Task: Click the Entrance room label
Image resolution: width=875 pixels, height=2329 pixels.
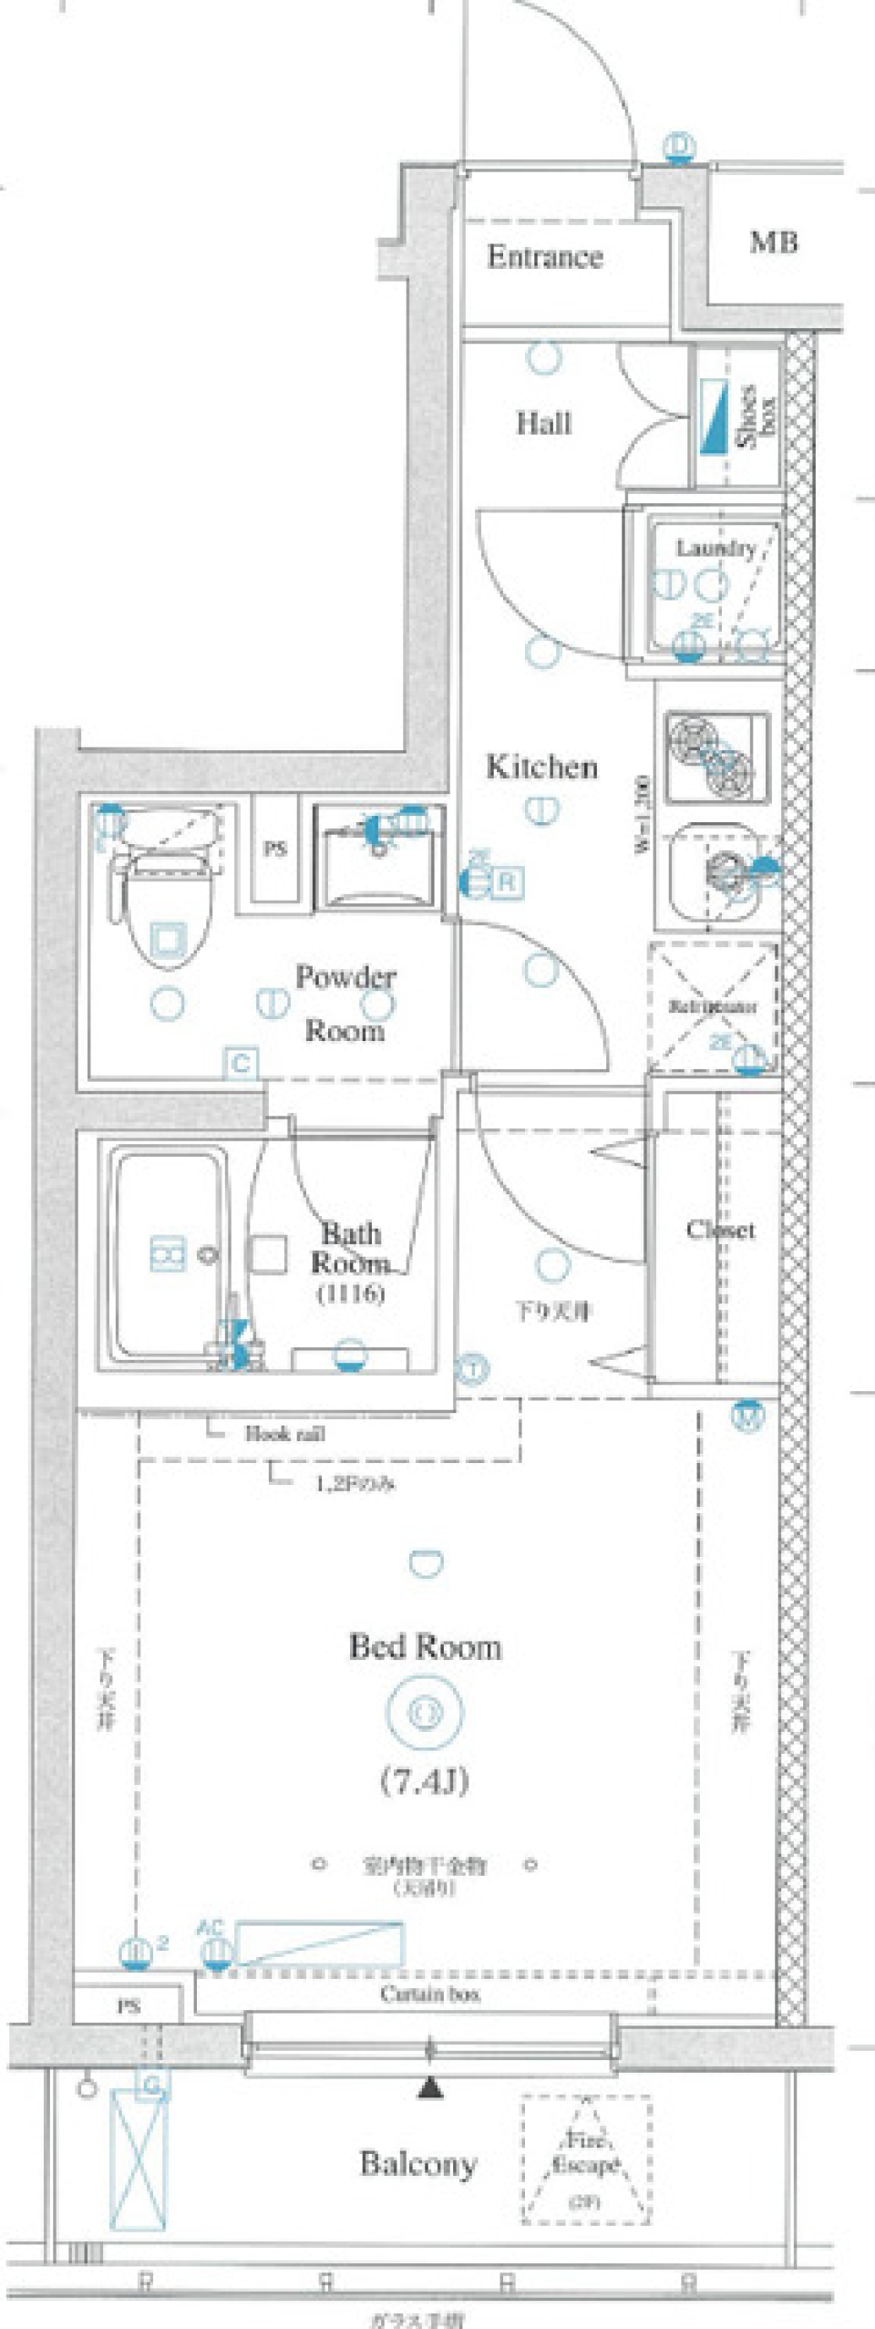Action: point(545,257)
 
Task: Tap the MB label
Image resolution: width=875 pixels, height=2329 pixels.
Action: point(774,242)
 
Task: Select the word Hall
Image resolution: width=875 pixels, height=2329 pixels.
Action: point(544,423)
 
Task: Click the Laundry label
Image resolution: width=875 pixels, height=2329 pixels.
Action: point(715,548)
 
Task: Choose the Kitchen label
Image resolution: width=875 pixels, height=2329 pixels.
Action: point(541,767)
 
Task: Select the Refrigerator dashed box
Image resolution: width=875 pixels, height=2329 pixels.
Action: point(713,1006)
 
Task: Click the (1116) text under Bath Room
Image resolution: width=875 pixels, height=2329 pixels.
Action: point(351,1292)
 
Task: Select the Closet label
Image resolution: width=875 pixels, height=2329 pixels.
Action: point(720,1231)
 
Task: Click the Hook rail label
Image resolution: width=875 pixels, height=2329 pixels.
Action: point(285,1434)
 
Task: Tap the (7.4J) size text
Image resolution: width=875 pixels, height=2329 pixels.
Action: point(424,1780)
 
